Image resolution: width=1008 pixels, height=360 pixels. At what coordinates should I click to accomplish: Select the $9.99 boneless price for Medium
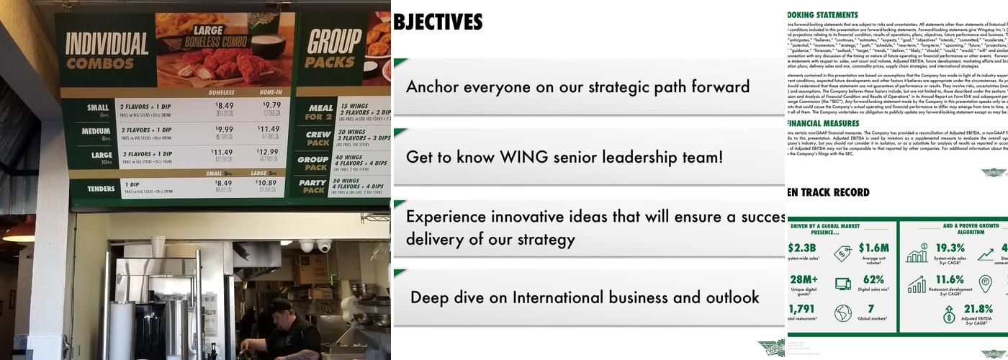coord(225,129)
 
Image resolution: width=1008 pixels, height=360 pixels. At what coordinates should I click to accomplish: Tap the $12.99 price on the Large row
coord(268,152)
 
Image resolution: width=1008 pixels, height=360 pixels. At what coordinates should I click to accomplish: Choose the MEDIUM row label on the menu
coord(96,132)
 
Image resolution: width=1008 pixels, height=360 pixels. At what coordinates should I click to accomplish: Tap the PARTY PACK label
coord(313,186)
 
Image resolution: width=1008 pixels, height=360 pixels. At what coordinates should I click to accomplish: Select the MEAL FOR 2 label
coord(318,112)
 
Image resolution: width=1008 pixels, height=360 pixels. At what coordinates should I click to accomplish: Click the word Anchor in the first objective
coord(433,87)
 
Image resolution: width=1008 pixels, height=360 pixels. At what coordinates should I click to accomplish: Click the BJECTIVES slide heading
coord(438,22)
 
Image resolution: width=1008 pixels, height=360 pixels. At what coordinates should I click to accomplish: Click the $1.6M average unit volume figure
coord(873,248)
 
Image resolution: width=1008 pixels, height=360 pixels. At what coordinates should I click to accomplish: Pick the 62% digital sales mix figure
coord(873,280)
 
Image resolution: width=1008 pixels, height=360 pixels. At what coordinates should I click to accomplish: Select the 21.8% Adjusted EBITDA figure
coord(978,310)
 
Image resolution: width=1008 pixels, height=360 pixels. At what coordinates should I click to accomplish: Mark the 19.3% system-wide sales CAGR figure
coord(950,248)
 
